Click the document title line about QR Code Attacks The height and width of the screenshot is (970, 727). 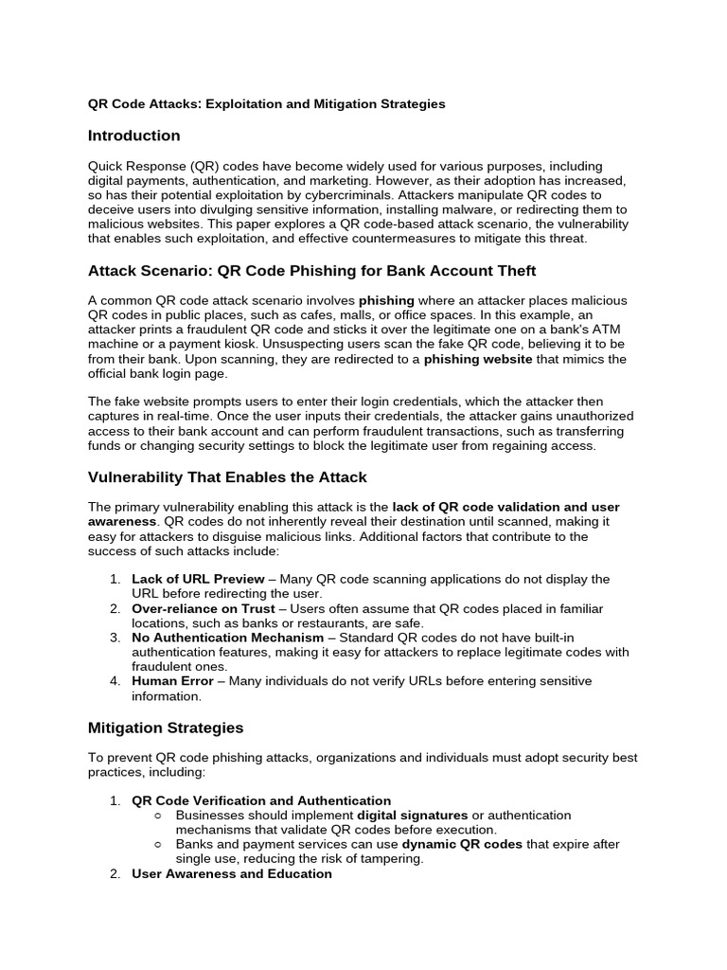[266, 103]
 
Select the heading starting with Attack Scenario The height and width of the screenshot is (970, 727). [311, 271]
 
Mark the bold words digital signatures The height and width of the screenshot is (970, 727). [412, 815]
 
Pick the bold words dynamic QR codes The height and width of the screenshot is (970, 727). [462, 844]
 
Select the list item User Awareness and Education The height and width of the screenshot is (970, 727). [232, 873]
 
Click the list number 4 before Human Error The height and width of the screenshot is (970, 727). [114, 681]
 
